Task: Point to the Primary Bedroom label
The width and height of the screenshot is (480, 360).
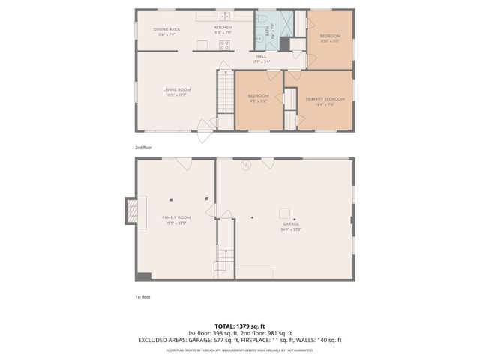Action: coord(325,100)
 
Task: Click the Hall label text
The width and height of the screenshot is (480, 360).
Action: coord(261,58)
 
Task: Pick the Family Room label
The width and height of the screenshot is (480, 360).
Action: coord(176,219)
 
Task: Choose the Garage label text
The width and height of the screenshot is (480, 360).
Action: coord(290,226)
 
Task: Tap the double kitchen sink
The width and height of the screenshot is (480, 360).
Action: coord(224,16)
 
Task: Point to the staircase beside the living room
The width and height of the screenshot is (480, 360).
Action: coord(226,91)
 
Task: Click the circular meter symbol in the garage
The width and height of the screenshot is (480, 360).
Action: coord(245,166)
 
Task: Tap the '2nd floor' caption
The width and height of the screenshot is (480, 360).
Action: coord(142,148)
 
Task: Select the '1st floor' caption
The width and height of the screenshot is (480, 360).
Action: coord(142,296)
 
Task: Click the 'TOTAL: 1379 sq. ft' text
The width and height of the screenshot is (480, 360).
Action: coord(239,326)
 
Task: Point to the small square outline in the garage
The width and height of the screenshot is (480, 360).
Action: coord(285,213)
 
